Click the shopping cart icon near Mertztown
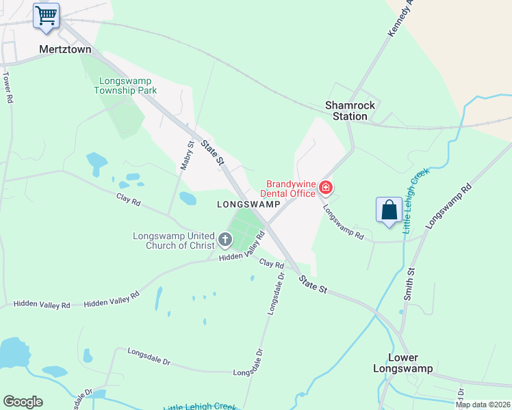(46, 15)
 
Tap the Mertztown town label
(65, 49)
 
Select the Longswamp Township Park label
(125, 85)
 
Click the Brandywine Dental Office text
(291, 188)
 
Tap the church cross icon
(225, 240)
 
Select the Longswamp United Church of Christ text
(174, 241)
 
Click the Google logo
(23, 402)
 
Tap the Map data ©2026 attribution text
(483, 405)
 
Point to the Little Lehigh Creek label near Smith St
(415, 203)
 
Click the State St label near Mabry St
(213, 152)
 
